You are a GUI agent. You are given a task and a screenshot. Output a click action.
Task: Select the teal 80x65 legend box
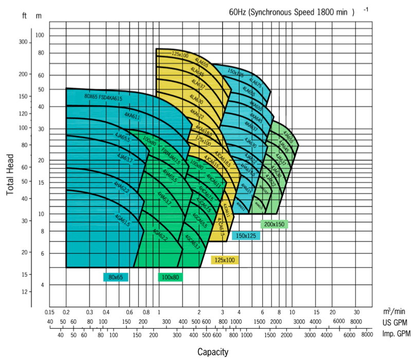116,277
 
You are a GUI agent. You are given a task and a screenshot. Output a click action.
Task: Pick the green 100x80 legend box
170,277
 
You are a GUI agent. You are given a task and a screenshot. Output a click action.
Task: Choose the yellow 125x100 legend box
225,260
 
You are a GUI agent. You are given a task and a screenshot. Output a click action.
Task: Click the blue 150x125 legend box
246,236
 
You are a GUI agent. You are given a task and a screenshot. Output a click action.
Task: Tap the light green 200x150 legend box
274,224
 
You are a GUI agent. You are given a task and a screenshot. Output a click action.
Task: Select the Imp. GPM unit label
396,334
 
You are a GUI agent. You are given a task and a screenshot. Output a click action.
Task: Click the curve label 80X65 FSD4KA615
103,97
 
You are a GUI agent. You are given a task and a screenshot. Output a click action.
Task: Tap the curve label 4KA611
132,117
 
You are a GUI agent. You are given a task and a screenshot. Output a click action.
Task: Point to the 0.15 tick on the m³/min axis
49,312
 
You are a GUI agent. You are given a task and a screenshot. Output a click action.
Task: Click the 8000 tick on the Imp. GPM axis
366,334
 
